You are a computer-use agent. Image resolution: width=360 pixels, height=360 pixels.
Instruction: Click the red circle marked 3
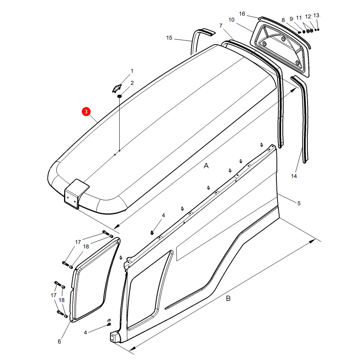[x=86, y=112]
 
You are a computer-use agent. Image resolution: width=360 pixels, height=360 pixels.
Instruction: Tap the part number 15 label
[x=169, y=38]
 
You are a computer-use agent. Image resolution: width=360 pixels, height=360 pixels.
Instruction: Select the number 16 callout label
[x=242, y=14]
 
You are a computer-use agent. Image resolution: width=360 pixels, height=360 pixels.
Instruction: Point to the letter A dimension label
[x=206, y=166]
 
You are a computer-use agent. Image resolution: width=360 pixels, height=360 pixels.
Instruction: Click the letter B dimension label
[x=228, y=298]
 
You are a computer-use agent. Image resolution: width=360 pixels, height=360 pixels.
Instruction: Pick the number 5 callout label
[x=299, y=203]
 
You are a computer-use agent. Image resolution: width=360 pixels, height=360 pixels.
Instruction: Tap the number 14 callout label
[x=294, y=176]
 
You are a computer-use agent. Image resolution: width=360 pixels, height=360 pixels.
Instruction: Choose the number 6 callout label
[x=59, y=342]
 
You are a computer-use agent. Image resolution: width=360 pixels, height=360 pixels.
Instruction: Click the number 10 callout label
[x=232, y=20]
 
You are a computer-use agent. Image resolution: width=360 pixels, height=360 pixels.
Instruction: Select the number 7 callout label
[x=221, y=26]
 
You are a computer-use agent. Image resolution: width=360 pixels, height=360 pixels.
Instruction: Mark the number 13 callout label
[x=316, y=15]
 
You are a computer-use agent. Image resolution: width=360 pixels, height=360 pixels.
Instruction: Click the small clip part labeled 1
[x=117, y=88]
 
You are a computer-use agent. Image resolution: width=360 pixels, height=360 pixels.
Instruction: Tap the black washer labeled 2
[x=119, y=96]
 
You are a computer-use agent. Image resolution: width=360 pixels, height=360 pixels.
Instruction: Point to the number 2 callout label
[x=132, y=83]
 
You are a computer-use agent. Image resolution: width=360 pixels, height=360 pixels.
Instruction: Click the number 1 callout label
[x=132, y=71]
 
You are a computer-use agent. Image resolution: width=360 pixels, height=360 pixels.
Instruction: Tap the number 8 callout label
[x=283, y=20]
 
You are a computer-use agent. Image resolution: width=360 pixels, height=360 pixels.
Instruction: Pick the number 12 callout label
[x=308, y=16]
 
